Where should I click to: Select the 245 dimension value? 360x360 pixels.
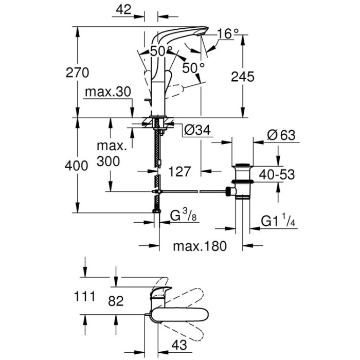coord(243,77)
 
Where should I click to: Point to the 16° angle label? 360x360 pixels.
coord(228,33)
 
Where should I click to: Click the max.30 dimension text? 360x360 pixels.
coord(107,93)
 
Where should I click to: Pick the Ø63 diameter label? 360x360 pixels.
coord(281,135)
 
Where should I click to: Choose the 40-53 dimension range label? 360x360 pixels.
coord(277,174)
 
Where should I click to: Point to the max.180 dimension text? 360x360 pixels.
coord(200,246)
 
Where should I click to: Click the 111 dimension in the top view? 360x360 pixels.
coord(84,296)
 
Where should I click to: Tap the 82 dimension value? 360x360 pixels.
coord(117,301)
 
